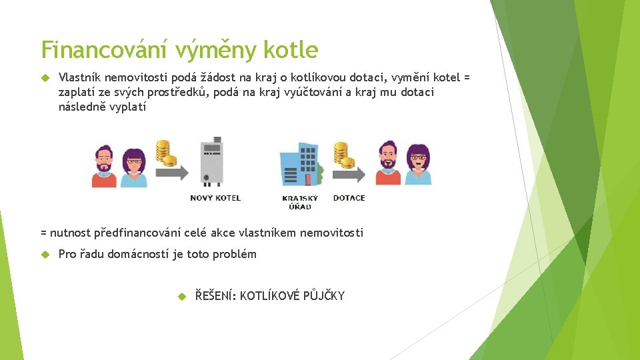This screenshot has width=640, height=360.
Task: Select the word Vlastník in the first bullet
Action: (x=80, y=78)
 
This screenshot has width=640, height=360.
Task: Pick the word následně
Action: (x=82, y=107)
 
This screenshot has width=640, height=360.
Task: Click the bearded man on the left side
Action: (x=105, y=166)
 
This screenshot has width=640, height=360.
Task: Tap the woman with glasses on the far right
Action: (x=418, y=164)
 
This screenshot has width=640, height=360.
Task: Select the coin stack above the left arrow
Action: (x=165, y=153)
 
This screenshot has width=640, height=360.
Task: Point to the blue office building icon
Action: (x=301, y=164)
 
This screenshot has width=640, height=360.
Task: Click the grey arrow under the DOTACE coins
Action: (x=349, y=175)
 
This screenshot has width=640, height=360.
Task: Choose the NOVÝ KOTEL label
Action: (x=215, y=198)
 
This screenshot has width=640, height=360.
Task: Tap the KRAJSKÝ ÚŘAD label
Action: (x=300, y=202)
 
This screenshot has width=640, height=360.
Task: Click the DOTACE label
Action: (x=349, y=198)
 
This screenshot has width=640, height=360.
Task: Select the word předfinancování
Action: (x=138, y=233)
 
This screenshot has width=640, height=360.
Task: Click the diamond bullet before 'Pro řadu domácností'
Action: (x=45, y=254)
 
